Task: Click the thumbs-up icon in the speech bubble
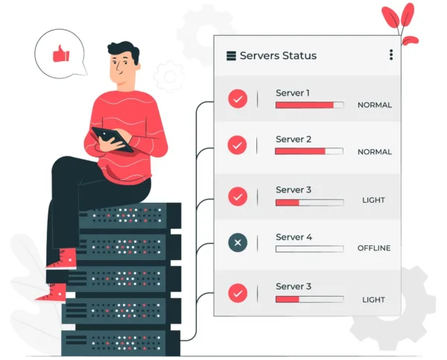tap(61, 54)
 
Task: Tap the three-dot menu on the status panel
tap(391, 54)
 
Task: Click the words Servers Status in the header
tap(278, 56)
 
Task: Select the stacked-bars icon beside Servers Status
tap(231, 56)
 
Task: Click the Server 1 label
tap(293, 93)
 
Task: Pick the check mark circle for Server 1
tap(238, 98)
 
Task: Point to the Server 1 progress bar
tap(309, 105)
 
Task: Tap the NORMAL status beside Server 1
tap(375, 105)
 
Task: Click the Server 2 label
tap(294, 139)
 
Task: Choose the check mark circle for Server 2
tap(237, 145)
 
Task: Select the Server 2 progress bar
tap(309, 151)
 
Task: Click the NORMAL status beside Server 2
tap(375, 152)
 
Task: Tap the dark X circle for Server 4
tap(238, 242)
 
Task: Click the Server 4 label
tap(294, 237)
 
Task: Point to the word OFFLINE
tap(374, 248)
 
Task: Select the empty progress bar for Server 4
tap(309, 249)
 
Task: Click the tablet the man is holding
tap(112, 138)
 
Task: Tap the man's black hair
tap(124, 50)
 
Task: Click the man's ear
tap(138, 67)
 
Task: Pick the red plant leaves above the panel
tap(399, 23)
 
